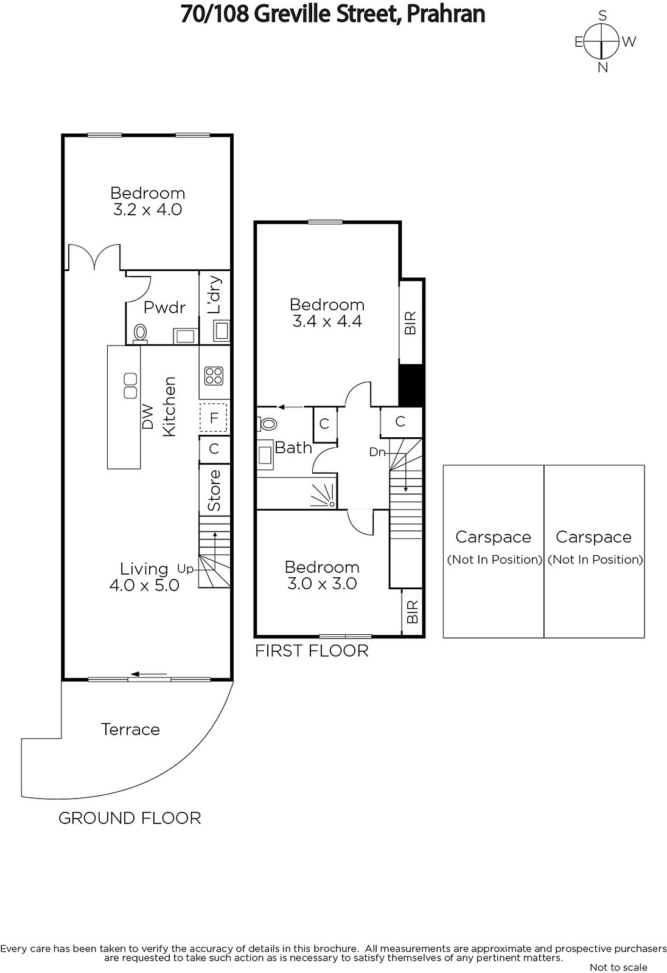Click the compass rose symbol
click(x=601, y=42)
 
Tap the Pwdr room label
click(x=164, y=308)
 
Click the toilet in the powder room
click(x=140, y=333)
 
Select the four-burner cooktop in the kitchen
click(x=214, y=376)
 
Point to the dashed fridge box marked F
click(x=214, y=417)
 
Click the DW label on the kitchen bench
click(x=148, y=417)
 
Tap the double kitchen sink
click(x=130, y=386)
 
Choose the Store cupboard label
click(x=214, y=490)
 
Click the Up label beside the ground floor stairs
click(x=185, y=569)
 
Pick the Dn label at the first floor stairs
click(x=377, y=452)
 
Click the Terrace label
click(x=130, y=729)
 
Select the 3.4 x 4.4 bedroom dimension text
click(x=327, y=322)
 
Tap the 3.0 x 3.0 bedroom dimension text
click(x=322, y=583)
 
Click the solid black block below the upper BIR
click(x=411, y=386)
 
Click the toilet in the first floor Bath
click(x=267, y=423)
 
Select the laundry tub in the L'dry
click(x=222, y=331)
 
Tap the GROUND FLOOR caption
click(x=130, y=819)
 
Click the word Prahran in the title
click(x=445, y=14)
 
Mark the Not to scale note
click(x=618, y=968)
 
